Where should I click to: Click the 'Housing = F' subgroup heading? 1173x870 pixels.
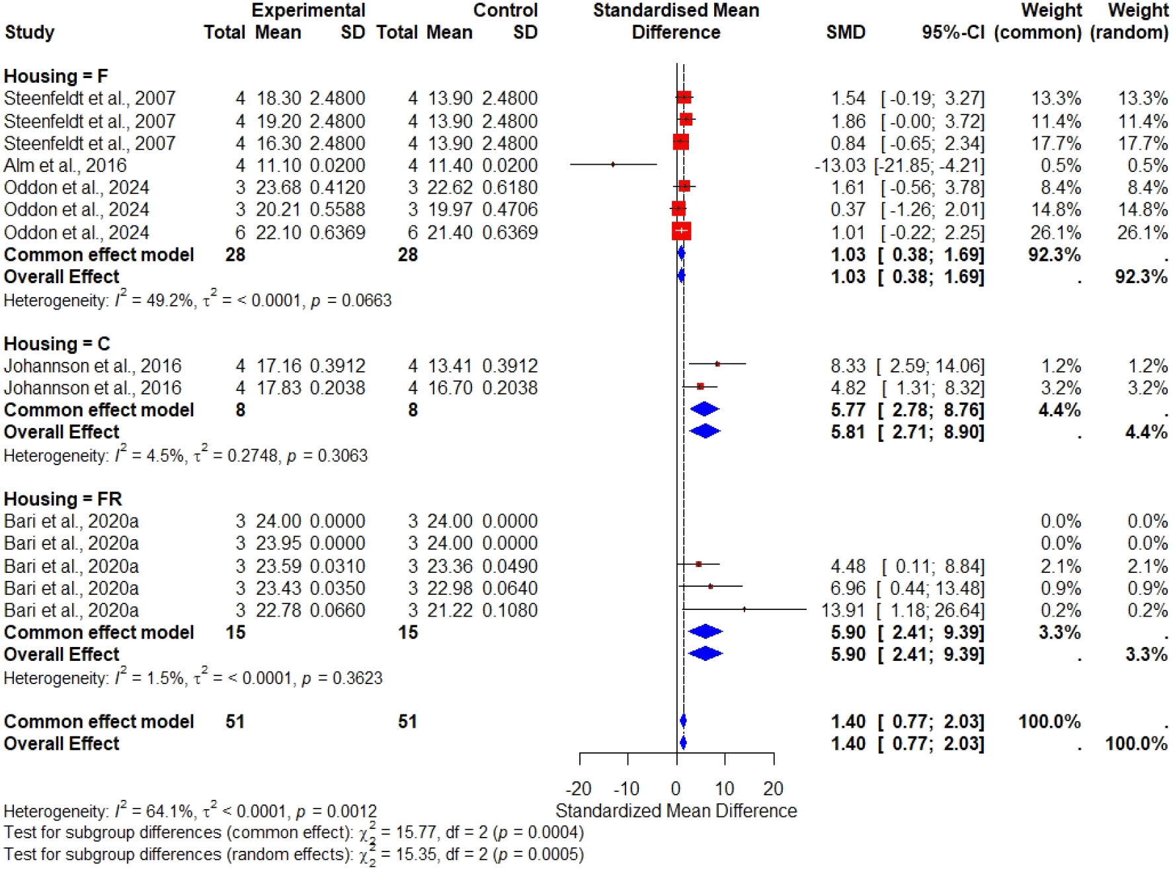(x=56, y=76)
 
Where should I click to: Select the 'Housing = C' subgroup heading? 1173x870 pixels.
(x=57, y=344)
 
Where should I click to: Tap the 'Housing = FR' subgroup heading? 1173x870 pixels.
(x=63, y=499)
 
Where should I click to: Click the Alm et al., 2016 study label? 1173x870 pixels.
(x=65, y=165)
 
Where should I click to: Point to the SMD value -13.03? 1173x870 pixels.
(x=840, y=165)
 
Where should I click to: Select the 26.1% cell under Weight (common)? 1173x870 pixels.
(x=1055, y=233)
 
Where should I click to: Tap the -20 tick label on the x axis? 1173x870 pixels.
(x=579, y=789)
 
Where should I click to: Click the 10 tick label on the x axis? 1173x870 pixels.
(x=725, y=789)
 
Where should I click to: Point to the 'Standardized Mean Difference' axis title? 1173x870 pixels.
(x=676, y=810)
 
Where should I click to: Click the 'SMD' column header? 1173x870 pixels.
(x=846, y=32)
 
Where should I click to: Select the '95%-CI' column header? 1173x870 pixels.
(x=953, y=32)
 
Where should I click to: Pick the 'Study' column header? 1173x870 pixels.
(x=30, y=32)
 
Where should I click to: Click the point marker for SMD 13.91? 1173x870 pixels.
(x=745, y=609)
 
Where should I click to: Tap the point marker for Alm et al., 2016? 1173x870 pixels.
(x=613, y=164)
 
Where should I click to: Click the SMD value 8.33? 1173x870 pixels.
(x=848, y=366)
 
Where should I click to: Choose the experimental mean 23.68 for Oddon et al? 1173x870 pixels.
(x=278, y=188)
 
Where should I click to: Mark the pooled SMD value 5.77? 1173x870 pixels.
(x=848, y=410)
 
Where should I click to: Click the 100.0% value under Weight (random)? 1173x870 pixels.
(x=1136, y=744)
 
